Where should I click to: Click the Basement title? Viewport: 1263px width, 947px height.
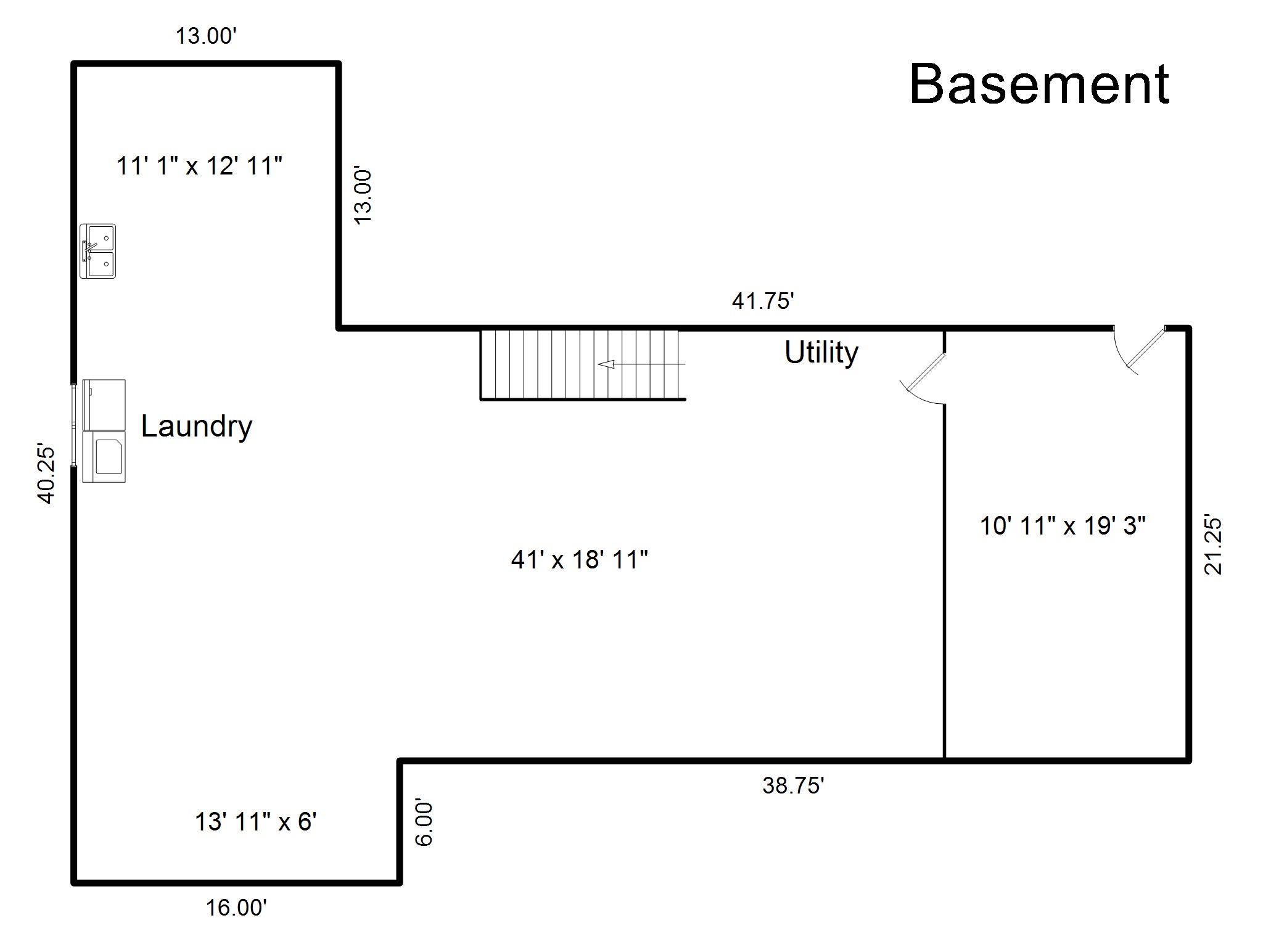1039,84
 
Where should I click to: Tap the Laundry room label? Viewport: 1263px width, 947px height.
197,427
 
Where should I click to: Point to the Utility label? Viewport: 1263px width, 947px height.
821,353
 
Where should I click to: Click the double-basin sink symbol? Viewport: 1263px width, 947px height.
97,251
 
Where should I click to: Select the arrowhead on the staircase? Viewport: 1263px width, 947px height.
607,364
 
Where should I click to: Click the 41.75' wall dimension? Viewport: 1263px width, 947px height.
762,301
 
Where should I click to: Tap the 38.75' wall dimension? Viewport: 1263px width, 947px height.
793,785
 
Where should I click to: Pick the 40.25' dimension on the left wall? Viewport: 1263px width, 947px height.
47,473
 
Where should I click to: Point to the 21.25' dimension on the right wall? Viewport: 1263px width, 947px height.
1212,544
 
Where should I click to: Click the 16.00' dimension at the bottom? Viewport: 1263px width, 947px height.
236,908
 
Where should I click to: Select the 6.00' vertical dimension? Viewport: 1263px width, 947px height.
424,823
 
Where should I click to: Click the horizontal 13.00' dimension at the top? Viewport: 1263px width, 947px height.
206,36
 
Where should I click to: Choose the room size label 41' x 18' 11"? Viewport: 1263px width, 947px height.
579,560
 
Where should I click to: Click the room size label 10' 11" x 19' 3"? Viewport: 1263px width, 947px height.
1063,526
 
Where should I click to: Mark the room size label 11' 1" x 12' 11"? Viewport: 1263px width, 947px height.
199,166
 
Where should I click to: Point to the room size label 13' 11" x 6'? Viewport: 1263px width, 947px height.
255,822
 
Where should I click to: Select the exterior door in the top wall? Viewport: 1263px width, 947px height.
1140,350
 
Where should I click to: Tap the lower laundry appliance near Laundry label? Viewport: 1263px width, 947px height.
104,456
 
